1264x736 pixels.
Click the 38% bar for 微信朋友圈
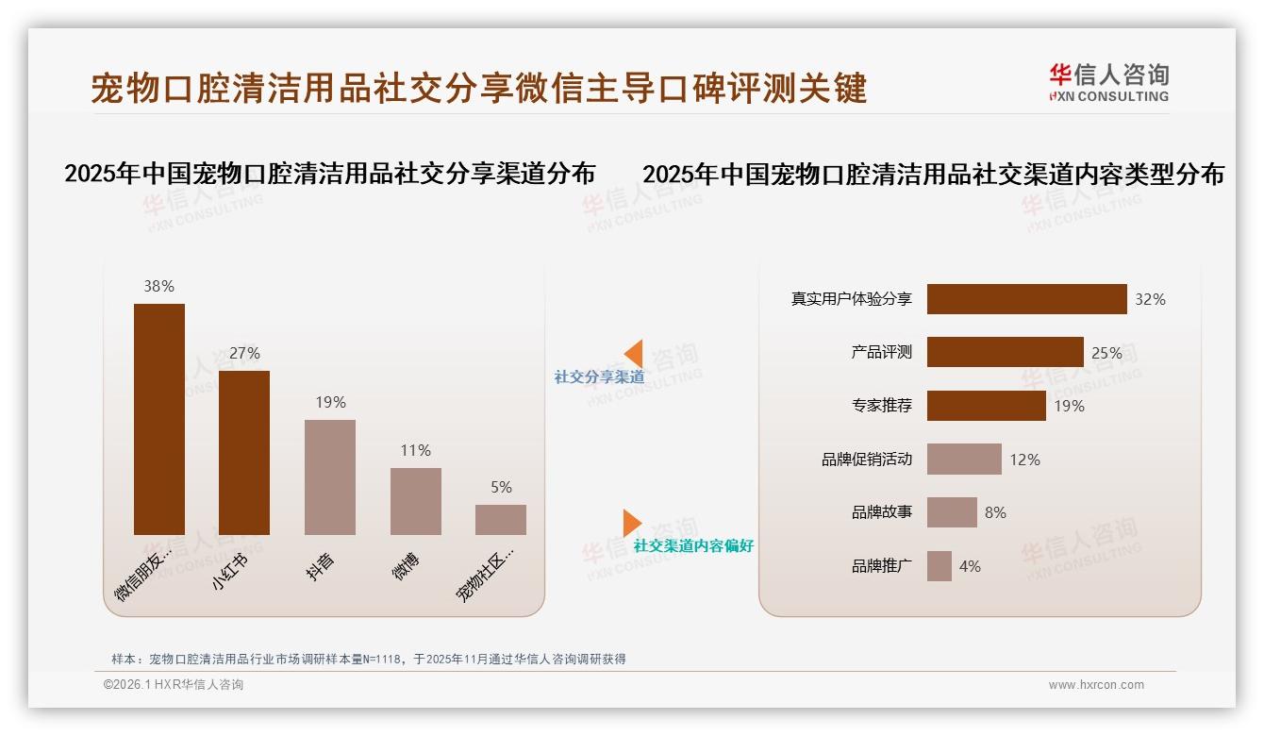[x=159, y=419]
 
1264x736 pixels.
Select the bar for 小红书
[x=244, y=453]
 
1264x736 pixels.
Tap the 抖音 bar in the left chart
[x=330, y=477]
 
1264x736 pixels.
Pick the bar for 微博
[x=416, y=501]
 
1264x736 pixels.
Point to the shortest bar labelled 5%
[x=501, y=520]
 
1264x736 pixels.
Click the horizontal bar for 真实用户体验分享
[x=1026, y=299]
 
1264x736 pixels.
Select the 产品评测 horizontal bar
[x=1005, y=352]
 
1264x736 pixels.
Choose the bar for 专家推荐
[x=986, y=406]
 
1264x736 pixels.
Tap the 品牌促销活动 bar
[x=964, y=460]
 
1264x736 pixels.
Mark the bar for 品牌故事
[x=952, y=512]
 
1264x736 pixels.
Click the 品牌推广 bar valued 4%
[x=940, y=566]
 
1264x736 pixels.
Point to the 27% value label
[x=244, y=353]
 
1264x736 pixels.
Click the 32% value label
[x=1150, y=299]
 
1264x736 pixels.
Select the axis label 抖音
[x=321, y=566]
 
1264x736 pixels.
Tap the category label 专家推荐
[x=881, y=406]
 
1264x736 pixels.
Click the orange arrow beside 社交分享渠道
[x=634, y=354]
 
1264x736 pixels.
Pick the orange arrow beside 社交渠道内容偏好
[x=631, y=523]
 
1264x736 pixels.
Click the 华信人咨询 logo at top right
[x=1108, y=82]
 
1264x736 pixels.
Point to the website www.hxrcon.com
[x=1096, y=685]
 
